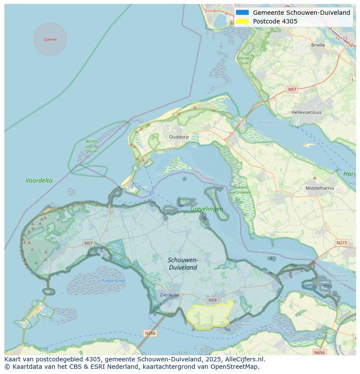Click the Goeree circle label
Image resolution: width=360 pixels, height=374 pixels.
[x=50, y=40]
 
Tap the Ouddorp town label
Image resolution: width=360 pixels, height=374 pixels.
[x=179, y=137]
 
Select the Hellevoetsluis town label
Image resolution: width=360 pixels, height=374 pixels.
[x=307, y=112]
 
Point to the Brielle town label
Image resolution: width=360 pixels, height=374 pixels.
[x=318, y=45]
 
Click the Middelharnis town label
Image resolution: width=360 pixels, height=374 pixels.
[x=320, y=188]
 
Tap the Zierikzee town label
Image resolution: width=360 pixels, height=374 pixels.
[x=169, y=294]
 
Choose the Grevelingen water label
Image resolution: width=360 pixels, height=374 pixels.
[x=207, y=209]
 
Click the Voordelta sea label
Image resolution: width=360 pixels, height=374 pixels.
[x=39, y=180]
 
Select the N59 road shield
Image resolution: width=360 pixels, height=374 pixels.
[x=212, y=300]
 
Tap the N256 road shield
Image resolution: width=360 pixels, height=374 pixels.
[x=150, y=333]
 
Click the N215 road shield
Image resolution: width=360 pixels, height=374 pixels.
[x=342, y=243]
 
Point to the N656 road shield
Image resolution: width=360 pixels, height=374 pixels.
[x=319, y=352]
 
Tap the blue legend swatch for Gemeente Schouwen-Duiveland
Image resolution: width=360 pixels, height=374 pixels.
[x=243, y=13]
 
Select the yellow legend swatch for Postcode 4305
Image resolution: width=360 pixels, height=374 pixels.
[x=243, y=21]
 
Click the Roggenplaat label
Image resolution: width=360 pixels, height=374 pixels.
[x=114, y=281]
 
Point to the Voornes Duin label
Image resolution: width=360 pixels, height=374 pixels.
[x=243, y=60]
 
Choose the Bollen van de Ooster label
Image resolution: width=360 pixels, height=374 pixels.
[x=92, y=146]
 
